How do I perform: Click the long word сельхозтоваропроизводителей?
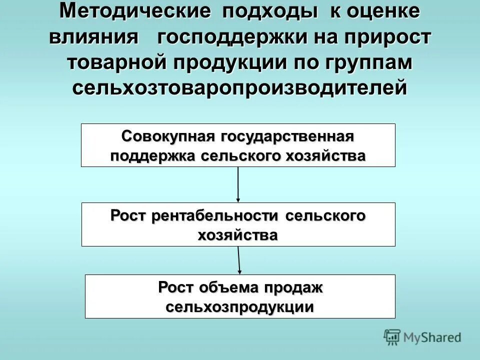(x=240, y=88)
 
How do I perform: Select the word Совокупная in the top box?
(x=167, y=136)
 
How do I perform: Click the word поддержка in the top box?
(x=152, y=155)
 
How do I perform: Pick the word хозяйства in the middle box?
(x=238, y=234)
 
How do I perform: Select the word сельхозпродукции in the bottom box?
(x=240, y=306)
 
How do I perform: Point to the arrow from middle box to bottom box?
(x=239, y=260)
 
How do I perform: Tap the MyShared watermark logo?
(x=422, y=337)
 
